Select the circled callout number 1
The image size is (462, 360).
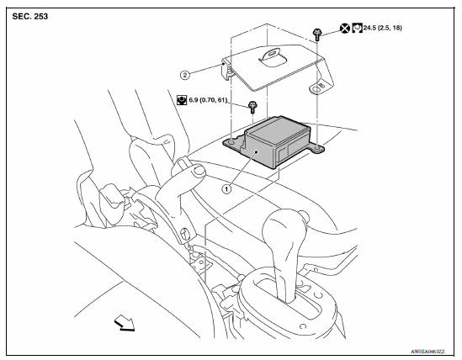pos(226,189)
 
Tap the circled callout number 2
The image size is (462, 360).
pos(185,74)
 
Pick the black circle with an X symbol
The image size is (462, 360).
pos(345,28)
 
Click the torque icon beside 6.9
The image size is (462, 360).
pos(181,100)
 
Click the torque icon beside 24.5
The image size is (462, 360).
pos(358,28)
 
